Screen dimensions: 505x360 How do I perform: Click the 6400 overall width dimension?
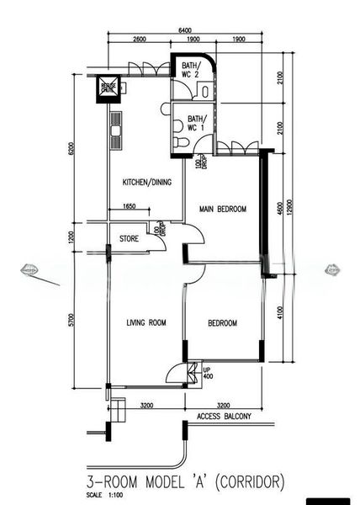[183, 31]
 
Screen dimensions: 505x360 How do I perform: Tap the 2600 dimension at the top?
[139, 40]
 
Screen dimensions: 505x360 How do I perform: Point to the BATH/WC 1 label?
[196, 124]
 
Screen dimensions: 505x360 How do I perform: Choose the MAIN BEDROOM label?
[222, 209]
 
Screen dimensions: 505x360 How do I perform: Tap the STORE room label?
[129, 238]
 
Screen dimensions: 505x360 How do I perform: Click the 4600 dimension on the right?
[278, 205]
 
